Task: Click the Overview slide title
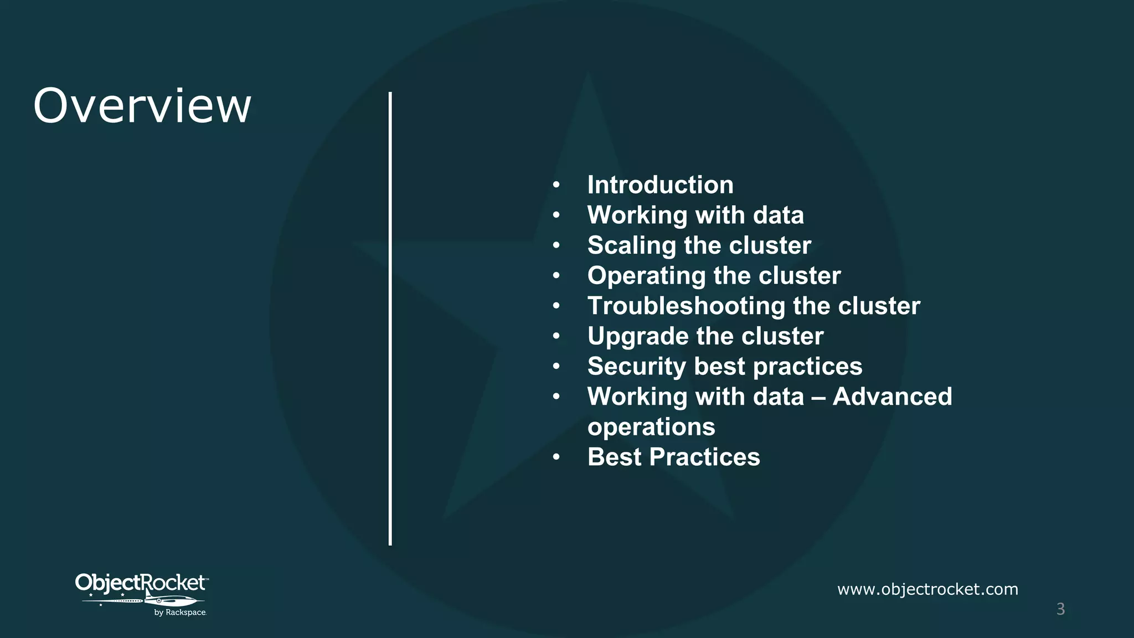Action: (x=142, y=106)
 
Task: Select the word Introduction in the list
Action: (x=660, y=185)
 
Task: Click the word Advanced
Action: (x=892, y=397)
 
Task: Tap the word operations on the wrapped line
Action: (x=651, y=427)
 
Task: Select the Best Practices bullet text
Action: (x=673, y=457)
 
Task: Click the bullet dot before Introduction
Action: (x=556, y=186)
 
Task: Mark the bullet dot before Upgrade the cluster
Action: (x=556, y=337)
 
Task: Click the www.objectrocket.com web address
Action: (x=927, y=589)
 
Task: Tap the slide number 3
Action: (x=1060, y=609)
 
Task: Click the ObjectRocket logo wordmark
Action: (x=141, y=583)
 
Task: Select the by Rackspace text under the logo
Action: (x=180, y=613)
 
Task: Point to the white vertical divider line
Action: (x=390, y=318)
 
